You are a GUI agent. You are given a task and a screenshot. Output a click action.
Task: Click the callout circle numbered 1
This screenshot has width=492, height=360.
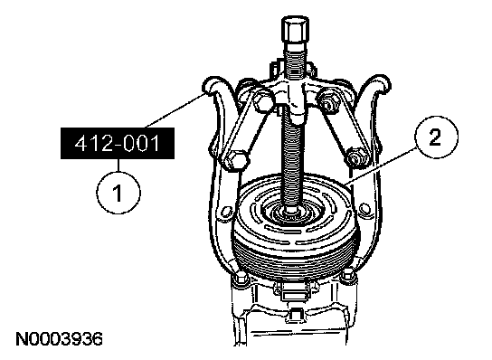tap(118, 192)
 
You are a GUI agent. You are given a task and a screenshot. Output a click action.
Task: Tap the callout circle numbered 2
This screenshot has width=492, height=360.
tap(436, 137)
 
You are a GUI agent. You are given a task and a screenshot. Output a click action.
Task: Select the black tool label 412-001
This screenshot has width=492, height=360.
tap(118, 143)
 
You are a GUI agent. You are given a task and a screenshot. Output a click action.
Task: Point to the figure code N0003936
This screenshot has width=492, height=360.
tap(60, 339)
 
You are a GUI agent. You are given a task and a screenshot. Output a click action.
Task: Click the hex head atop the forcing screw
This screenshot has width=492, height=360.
tap(295, 29)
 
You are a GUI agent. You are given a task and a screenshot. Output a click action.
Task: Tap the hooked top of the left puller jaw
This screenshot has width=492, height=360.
tap(213, 85)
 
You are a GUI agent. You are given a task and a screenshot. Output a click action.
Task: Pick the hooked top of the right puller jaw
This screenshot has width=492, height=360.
tap(379, 84)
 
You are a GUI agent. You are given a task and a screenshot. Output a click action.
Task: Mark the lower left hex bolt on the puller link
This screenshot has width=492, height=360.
tap(236, 160)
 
